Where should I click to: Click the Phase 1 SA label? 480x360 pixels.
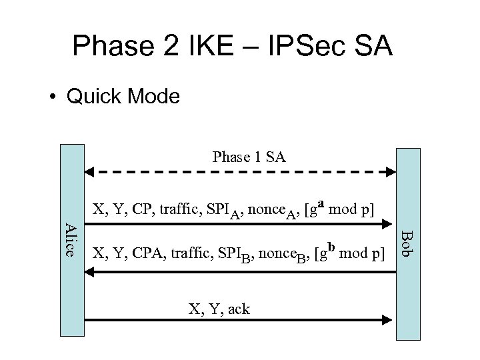pyautogui.click(x=249, y=157)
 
